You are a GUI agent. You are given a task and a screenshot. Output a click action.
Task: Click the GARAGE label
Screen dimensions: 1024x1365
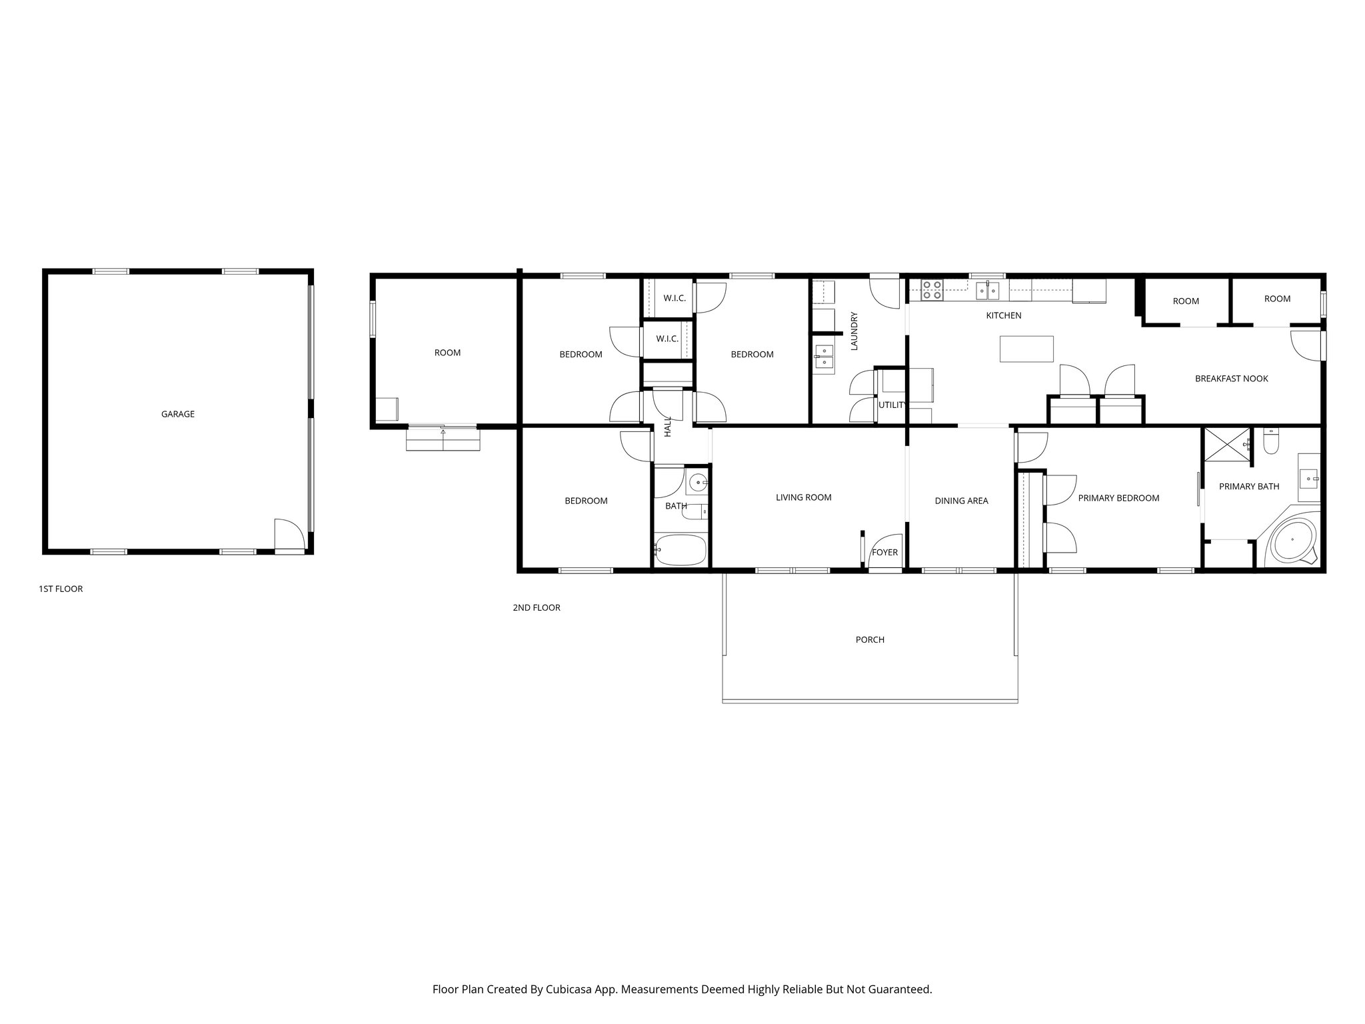[178, 414]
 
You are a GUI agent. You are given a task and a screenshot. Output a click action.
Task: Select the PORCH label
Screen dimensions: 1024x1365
[870, 640]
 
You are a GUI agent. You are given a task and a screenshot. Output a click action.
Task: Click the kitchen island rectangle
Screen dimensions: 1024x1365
[1026, 349]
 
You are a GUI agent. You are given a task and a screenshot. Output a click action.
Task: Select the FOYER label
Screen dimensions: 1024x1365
[885, 553]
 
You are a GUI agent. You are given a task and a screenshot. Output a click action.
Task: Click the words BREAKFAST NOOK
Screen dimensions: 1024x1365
[1231, 379]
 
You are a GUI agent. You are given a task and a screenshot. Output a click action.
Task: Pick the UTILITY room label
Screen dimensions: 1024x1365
[892, 405]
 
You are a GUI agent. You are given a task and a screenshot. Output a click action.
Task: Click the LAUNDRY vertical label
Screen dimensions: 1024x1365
[854, 331]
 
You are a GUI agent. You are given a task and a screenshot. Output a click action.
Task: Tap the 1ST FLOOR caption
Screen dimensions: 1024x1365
[61, 589]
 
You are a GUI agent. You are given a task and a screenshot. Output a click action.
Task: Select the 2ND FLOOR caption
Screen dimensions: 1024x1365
[537, 608]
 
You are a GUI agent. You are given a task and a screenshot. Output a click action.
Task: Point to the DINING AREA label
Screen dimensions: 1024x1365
[961, 501]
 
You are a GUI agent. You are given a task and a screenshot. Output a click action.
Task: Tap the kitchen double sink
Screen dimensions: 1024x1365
[988, 290]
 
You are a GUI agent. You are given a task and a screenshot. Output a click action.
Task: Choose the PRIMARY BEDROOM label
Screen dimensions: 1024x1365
[1118, 498]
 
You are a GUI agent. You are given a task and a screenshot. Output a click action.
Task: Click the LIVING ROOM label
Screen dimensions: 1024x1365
[803, 497]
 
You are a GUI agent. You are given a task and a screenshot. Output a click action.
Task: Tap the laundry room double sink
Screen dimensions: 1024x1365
[824, 357]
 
